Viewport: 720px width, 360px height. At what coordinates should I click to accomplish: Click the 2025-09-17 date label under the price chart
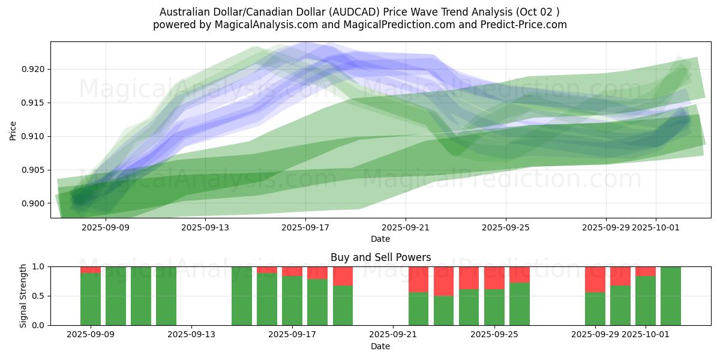[305, 227]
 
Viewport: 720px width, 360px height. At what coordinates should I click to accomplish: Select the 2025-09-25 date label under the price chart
[505, 227]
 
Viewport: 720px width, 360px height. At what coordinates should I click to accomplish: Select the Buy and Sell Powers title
[380, 257]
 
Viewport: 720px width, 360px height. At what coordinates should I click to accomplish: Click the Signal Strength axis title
[23, 296]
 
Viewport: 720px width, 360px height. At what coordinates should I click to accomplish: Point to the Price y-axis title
[13, 130]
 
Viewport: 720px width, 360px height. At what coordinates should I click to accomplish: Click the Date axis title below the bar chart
[380, 346]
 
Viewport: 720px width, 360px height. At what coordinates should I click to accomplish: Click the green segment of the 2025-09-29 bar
[595, 308]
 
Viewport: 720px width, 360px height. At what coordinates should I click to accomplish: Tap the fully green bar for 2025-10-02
[671, 296]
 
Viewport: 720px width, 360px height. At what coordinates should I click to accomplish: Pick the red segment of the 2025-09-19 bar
[343, 276]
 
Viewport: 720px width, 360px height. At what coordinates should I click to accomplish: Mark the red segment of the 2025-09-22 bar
[419, 279]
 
